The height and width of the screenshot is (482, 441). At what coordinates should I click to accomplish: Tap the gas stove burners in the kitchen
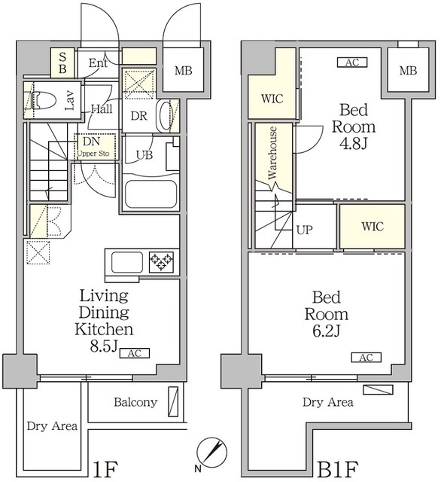[161, 262]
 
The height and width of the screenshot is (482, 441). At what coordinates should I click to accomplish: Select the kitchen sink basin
[127, 262]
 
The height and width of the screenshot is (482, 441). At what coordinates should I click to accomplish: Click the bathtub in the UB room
[151, 194]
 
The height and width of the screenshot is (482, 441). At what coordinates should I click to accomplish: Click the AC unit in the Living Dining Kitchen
[135, 353]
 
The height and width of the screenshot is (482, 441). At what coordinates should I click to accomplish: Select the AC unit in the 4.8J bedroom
[352, 63]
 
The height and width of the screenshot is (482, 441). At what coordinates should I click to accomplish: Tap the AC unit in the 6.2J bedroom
[366, 358]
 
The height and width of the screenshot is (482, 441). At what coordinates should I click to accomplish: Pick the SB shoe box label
[62, 63]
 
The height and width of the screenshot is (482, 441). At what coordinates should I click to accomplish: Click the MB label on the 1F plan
[184, 71]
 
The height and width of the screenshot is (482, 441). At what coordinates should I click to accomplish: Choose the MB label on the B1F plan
[408, 71]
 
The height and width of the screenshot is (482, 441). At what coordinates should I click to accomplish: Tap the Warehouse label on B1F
[272, 153]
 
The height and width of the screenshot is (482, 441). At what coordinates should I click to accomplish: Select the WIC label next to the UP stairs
[373, 227]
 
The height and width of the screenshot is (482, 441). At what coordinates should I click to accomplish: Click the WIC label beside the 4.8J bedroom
[272, 99]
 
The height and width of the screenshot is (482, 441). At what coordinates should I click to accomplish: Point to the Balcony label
[135, 402]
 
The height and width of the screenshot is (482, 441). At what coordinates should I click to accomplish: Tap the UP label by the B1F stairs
[305, 230]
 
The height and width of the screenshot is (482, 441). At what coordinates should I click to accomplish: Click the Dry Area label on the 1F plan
[52, 426]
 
